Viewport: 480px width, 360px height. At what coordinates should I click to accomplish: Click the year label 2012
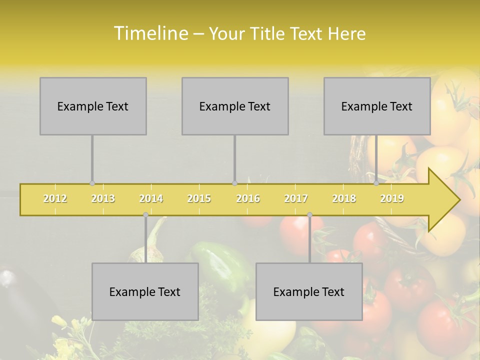[x=55, y=198]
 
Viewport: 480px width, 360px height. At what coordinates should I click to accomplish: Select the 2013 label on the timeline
[x=103, y=198]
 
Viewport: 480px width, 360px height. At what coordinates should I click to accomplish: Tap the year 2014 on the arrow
[x=151, y=198]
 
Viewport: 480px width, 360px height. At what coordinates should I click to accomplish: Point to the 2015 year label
[x=199, y=198]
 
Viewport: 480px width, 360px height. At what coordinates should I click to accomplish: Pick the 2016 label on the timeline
[x=248, y=198]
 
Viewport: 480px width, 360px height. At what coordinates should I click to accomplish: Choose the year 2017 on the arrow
[x=296, y=198]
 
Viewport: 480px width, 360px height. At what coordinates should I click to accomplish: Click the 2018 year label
[x=344, y=198]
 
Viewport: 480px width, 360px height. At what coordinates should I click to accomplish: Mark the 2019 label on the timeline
[x=392, y=198]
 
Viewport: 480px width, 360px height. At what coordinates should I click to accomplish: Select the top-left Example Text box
[x=93, y=106]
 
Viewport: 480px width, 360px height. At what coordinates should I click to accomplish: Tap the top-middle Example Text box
[x=235, y=106]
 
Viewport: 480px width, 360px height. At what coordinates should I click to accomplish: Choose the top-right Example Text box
[x=377, y=106]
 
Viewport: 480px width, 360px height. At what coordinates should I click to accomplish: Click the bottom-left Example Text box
[x=145, y=291]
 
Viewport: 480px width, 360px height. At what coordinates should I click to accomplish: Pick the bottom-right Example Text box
[x=309, y=291]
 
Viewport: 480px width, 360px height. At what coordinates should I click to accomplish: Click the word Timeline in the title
[x=149, y=33]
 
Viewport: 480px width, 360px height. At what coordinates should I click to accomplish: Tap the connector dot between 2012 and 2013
[x=92, y=183]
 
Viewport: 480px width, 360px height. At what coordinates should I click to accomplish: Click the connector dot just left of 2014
[x=145, y=215]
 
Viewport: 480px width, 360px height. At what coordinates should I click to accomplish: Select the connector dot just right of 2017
[x=309, y=215]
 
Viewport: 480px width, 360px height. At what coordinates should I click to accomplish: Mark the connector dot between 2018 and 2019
[x=376, y=183]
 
